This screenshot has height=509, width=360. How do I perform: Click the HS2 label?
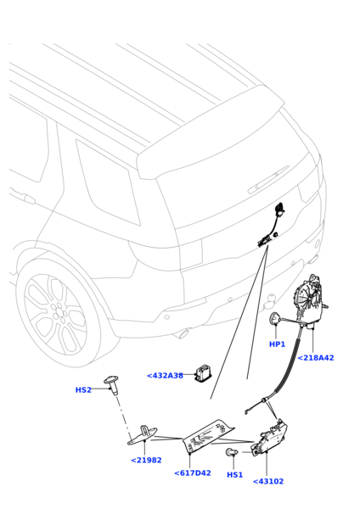coord(83,390)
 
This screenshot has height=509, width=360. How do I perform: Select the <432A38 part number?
coord(165,376)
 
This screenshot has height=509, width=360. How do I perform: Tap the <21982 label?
coord(146,460)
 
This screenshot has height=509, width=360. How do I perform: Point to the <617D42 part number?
coord(193,473)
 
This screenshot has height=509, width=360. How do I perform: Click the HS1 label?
coord(234,474)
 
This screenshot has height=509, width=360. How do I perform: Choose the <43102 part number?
coord(268,481)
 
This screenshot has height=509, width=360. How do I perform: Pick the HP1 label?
coord(277,344)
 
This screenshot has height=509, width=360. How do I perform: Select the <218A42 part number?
coord(316,358)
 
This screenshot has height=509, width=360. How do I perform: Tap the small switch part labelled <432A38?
coord(203,373)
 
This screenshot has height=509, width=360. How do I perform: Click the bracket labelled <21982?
coord(143,435)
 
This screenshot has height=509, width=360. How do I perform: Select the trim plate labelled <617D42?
coord(208,435)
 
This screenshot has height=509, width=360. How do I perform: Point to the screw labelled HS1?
coord(232,452)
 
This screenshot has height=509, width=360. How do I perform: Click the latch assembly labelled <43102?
coord(269,437)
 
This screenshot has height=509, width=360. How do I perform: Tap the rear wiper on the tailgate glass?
coord(268,179)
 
